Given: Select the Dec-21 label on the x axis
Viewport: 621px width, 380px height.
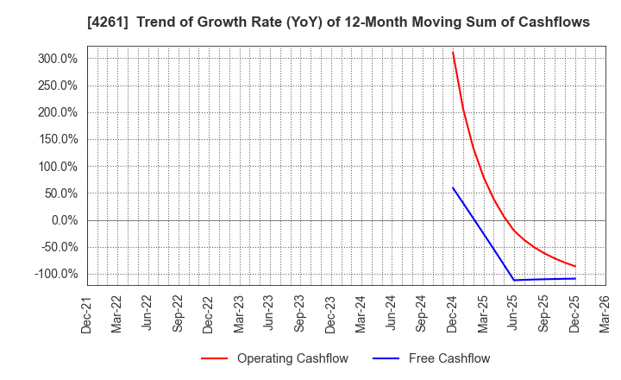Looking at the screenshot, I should [87, 313].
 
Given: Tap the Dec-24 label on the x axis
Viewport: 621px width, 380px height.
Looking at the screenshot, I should [453, 313].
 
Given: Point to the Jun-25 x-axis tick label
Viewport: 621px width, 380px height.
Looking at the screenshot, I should [514, 313].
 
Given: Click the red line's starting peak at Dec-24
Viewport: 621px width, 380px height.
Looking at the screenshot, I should [453, 52].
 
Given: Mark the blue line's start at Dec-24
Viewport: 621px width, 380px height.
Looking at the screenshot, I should [453, 187].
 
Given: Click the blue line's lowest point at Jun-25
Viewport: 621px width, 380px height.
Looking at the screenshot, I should [514, 280].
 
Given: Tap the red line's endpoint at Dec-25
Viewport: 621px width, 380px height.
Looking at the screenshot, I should [575, 266].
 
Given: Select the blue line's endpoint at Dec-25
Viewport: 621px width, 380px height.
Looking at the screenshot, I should [575, 278].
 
